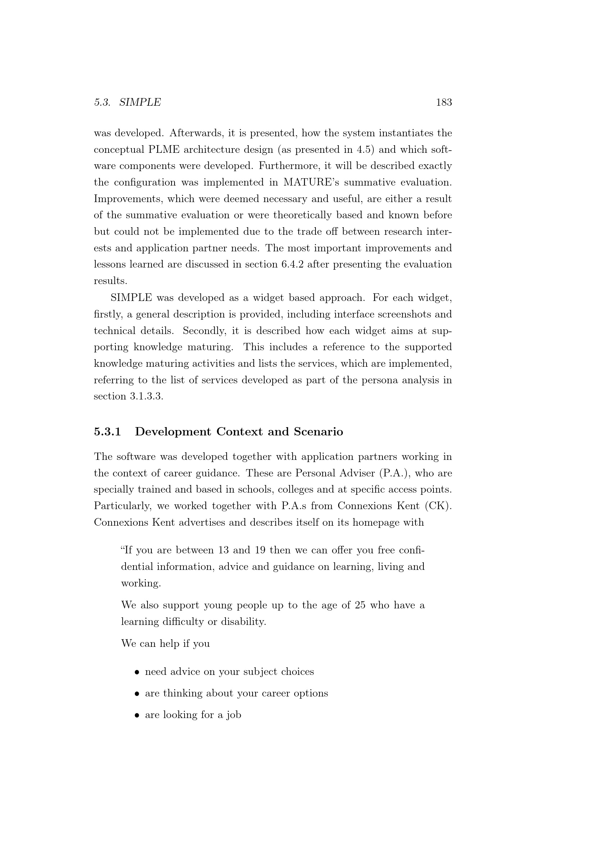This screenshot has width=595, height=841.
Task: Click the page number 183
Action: [444, 102]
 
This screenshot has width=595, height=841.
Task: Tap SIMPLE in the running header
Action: [140, 102]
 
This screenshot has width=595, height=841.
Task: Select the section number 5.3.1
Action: [107, 432]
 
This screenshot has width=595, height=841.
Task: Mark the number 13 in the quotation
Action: [223, 550]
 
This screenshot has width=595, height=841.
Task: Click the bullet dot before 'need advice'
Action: [137, 672]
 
